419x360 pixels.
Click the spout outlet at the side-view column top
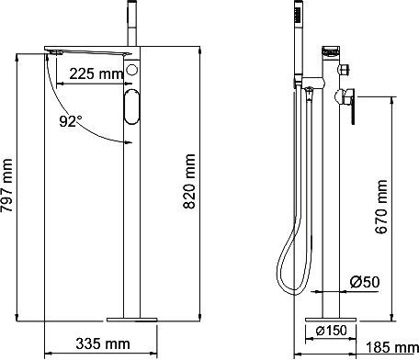click(332, 55)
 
